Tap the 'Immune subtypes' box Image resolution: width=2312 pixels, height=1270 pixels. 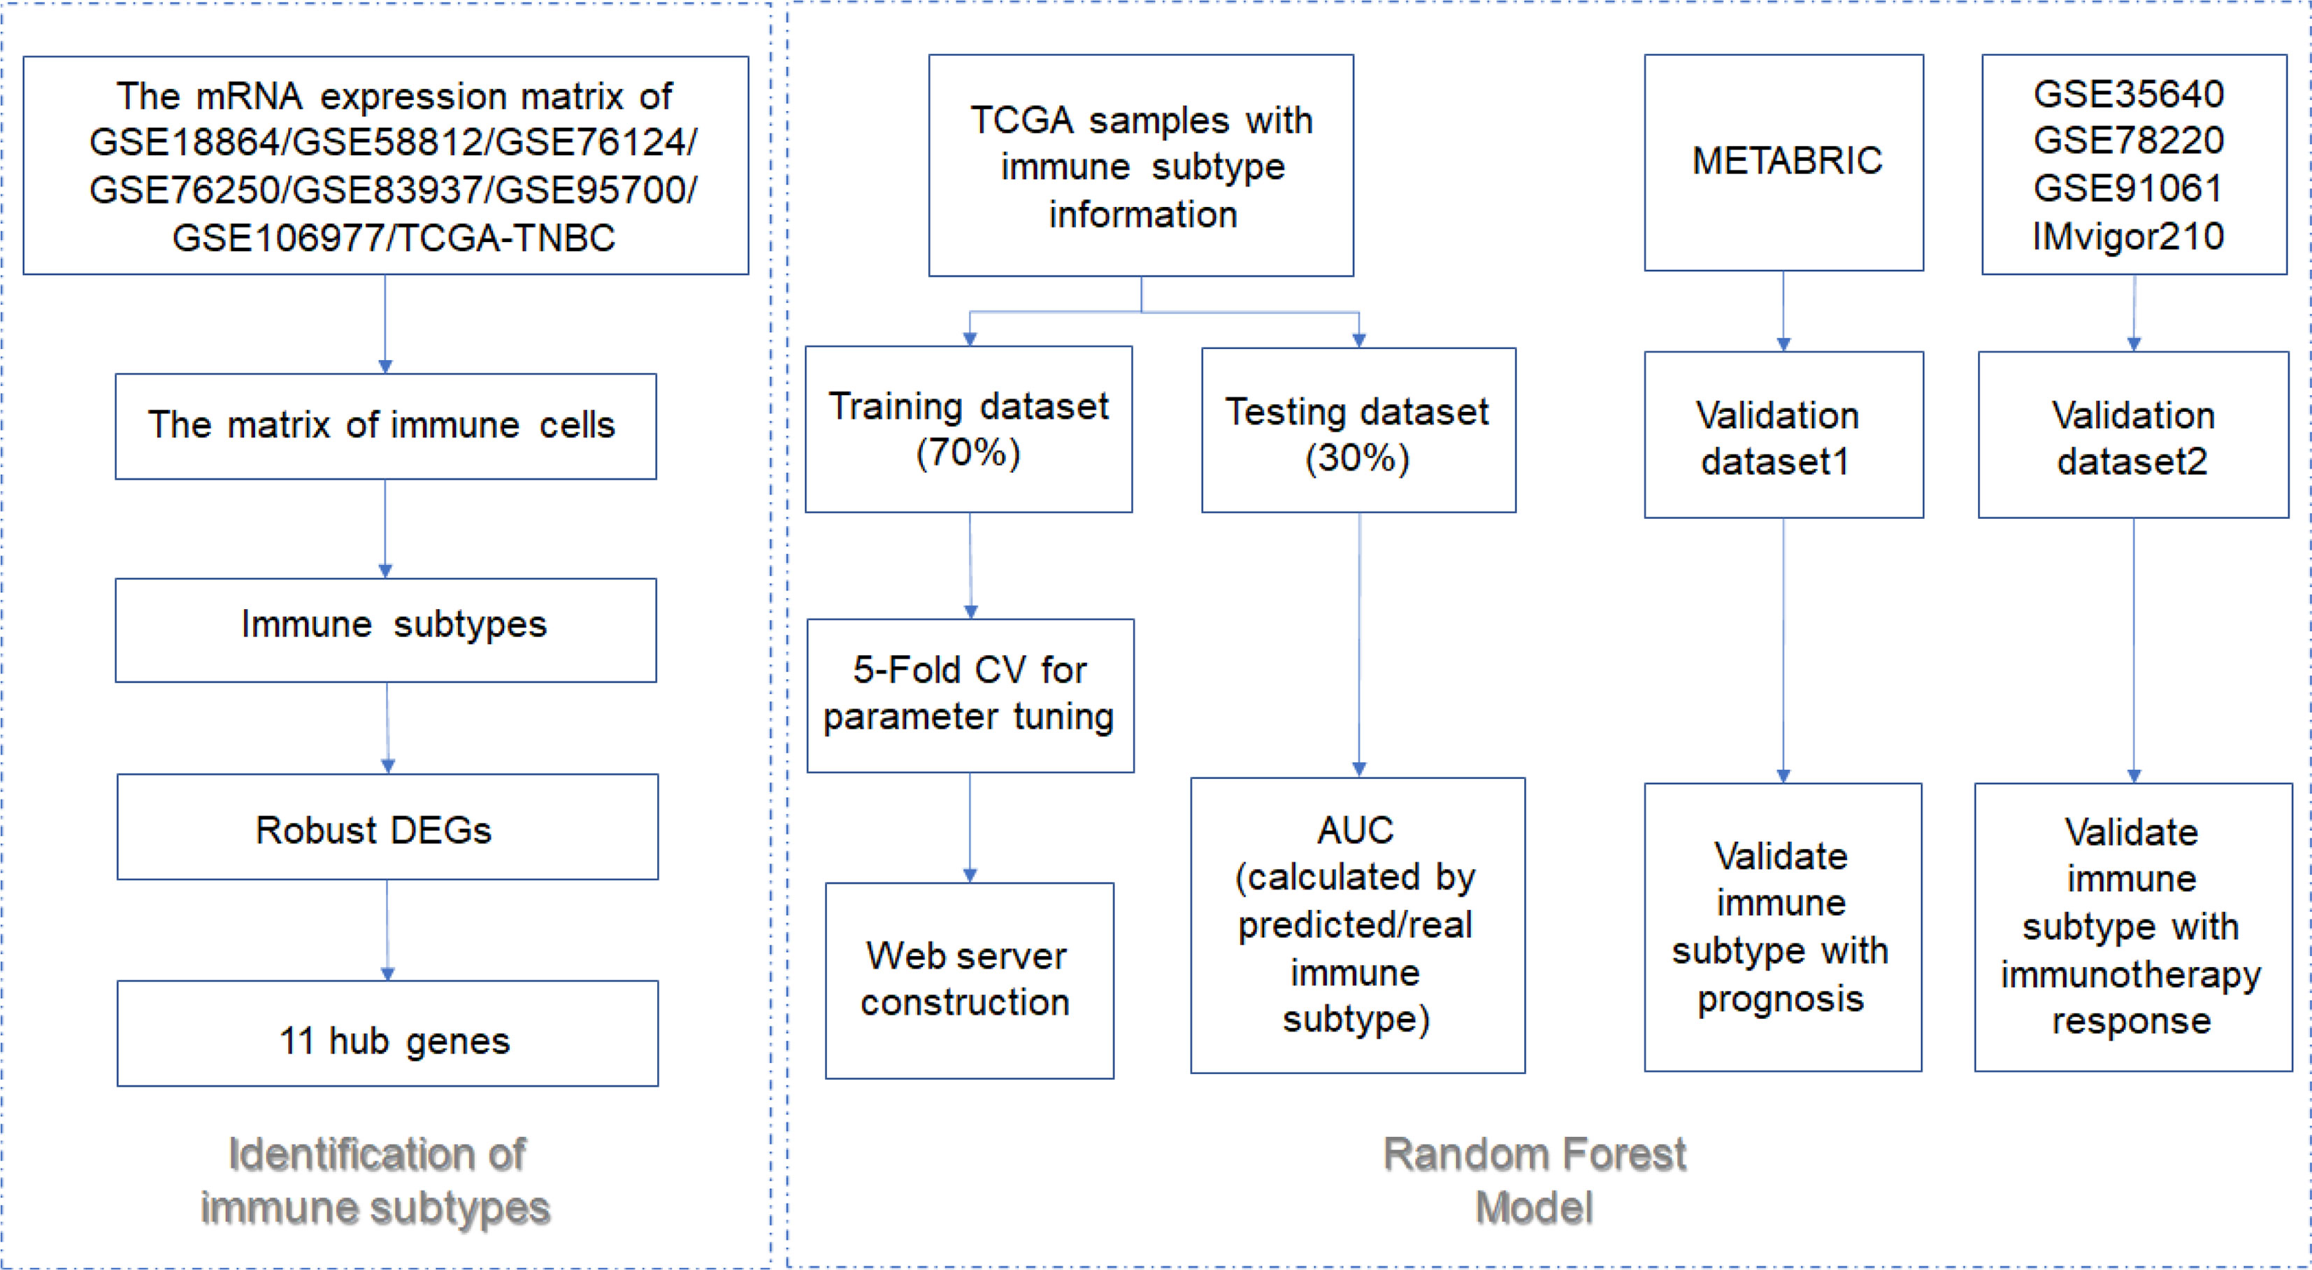pyautogui.click(x=386, y=630)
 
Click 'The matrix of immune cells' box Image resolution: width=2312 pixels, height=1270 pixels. pyautogui.click(x=386, y=427)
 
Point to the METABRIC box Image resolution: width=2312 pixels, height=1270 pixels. pyautogui.click(x=1783, y=162)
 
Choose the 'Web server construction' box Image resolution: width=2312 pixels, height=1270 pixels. pyautogui.click(x=969, y=980)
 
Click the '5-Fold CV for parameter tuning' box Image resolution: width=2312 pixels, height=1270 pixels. pyautogui.click(x=970, y=696)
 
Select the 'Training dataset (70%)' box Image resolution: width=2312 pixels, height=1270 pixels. pyautogui.click(x=968, y=429)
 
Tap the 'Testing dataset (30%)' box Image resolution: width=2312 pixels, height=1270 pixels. pyautogui.click(x=1359, y=430)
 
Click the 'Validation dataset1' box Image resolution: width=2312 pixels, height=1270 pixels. pyautogui.click(x=1783, y=434)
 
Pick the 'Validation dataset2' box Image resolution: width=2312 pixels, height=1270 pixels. pyautogui.click(x=2134, y=434)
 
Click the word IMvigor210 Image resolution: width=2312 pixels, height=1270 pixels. pyautogui.click(x=2128, y=236)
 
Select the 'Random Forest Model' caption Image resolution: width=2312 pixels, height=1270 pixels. pyautogui.click(x=1535, y=1180)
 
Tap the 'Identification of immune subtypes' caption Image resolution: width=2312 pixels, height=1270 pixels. pyautogui.click(x=376, y=1180)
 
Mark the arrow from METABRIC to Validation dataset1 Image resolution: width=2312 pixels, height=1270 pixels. pyautogui.click(x=1783, y=311)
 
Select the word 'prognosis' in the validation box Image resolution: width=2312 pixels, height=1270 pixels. pyautogui.click(x=1781, y=999)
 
